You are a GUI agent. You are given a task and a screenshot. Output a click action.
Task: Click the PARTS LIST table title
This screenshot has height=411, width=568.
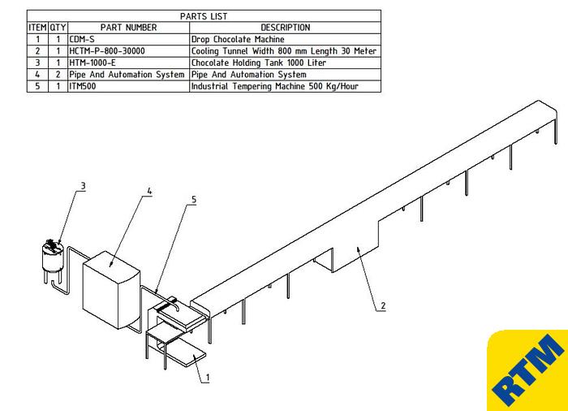(x=204, y=16)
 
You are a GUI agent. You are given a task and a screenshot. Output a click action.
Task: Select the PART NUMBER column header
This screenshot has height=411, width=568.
(x=128, y=28)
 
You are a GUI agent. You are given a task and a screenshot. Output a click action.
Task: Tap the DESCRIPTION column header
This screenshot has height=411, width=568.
(x=286, y=28)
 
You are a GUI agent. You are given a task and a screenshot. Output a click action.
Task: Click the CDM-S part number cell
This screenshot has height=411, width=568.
(x=82, y=39)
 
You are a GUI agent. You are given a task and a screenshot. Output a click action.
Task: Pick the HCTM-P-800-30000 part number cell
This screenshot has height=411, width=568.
(x=107, y=51)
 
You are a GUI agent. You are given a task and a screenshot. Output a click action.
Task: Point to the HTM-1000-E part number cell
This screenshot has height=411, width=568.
(x=93, y=63)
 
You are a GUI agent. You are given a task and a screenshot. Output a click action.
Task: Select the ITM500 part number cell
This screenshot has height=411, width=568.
(x=83, y=86)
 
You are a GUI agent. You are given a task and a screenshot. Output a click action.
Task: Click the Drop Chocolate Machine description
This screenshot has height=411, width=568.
(x=238, y=39)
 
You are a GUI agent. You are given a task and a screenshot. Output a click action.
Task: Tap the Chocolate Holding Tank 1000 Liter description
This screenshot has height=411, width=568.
(x=259, y=63)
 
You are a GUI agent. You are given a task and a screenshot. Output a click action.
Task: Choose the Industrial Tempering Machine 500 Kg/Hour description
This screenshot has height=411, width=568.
(x=274, y=86)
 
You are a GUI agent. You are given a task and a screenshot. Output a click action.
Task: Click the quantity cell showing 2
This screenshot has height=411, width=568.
(x=58, y=75)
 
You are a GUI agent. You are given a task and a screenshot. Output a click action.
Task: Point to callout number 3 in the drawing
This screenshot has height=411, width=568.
(x=83, y=186)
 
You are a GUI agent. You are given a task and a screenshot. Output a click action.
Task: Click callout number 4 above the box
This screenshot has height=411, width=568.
(x=149, y=191)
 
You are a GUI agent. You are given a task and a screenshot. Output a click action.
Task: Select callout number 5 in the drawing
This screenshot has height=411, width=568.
(x=194, y=200)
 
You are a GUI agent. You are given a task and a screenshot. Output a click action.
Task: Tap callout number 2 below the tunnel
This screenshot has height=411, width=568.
(x=383, y=305)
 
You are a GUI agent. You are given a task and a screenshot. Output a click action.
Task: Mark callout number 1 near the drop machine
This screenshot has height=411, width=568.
(x=208, y=378)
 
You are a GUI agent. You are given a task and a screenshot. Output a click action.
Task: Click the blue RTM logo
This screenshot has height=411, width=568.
(x=528, y=370)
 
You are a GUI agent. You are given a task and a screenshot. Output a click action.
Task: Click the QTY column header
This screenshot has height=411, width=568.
(x=58, y=28)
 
